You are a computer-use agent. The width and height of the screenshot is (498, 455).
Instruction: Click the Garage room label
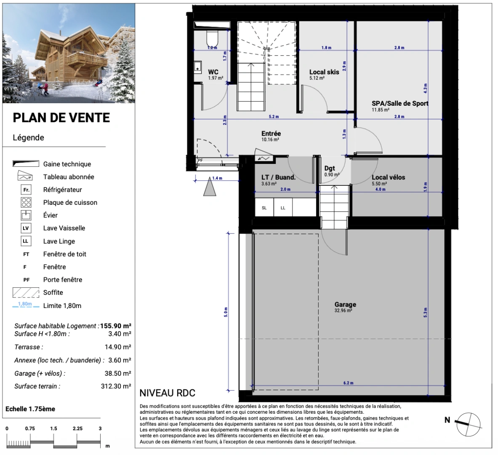pos(345,304)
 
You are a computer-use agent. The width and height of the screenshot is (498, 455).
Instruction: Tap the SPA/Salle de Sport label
pos(400,103)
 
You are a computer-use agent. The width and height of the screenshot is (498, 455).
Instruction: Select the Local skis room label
pos(324,72)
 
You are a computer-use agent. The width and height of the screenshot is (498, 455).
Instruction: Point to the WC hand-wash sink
pos(197,67)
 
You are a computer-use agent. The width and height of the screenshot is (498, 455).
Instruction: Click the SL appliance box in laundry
pos(264,208)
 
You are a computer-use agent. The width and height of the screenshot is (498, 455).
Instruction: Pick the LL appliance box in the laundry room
pos(283,208)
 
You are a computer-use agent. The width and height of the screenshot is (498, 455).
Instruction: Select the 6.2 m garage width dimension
pos(349,383)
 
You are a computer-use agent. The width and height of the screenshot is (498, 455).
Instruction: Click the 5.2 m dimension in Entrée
pos(274,116)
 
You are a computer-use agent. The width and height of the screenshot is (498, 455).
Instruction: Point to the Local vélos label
pos(389,177)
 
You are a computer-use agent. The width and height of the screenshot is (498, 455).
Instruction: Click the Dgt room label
pos(330,169)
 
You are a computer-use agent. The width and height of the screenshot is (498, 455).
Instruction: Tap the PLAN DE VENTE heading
pos(61,118)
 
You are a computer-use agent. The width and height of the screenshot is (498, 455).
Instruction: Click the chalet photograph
pos(69,54)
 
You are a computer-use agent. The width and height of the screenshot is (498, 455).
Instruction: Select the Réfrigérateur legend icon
pos(26,190)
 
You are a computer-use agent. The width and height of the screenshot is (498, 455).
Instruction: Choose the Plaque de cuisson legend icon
pos(26,203)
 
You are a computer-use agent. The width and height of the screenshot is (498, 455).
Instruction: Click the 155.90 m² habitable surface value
pos(116,326)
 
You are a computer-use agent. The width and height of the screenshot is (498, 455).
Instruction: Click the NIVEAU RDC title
pos(168,393)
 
